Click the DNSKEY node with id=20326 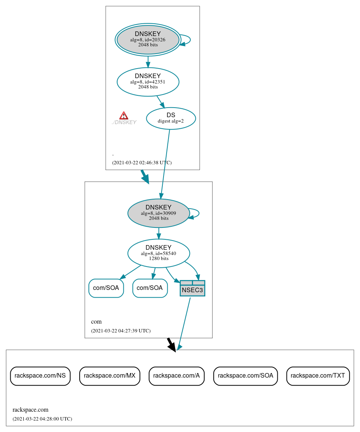pos(148,39)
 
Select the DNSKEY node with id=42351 pos(148,82)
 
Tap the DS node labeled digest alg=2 pos(171,118)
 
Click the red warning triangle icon pos(124,116)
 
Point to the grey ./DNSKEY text pos(124,123)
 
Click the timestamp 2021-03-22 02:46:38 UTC pos(142,163)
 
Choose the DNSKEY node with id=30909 pos(159,213)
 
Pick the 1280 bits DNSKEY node pos(159,253)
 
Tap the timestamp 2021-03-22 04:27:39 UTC pos(121,331)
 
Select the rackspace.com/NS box pos(40,376)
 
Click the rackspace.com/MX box pos(110,376)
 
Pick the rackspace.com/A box pos(176,376)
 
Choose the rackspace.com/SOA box pos(245,376)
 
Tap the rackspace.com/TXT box pos(318,376)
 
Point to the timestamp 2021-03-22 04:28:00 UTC pos(42,419)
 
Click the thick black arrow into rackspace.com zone pos(171,344)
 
